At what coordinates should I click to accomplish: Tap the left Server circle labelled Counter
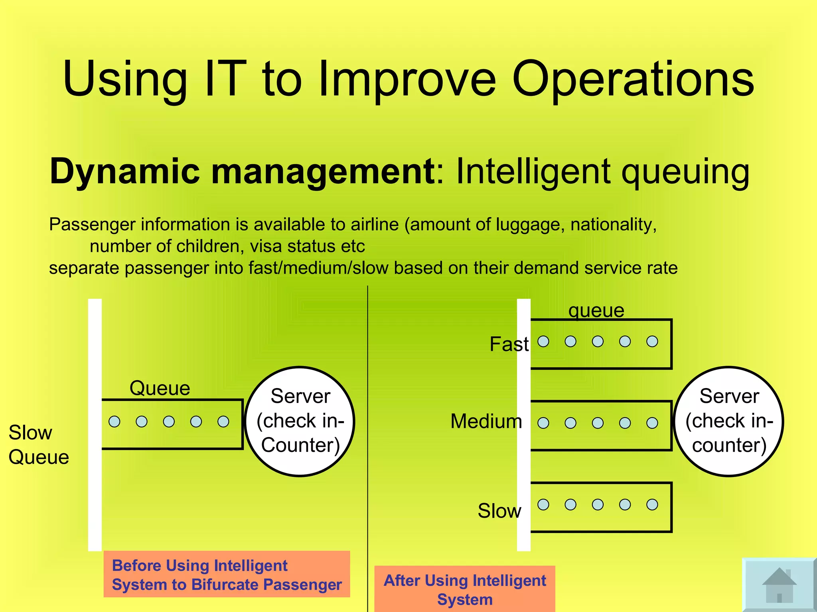(x=300, y=421)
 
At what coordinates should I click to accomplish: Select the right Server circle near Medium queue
(x=729, y=421)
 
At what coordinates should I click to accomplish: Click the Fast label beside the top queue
(x=509, y=344)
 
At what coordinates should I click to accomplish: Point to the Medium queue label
(x=486, y=421)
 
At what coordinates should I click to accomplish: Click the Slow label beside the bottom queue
(x=499, y=511)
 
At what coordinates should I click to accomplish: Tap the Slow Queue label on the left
(x=38, y=445)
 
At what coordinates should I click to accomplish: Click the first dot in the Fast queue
(x=543, y=341)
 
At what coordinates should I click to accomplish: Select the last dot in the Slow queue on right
(x=652, y=505)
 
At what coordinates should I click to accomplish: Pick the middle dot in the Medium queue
(x=598, y=423)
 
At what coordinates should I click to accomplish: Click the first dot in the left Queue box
(x=114, y=422)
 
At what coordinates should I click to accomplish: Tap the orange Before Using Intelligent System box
(x=227, y=574)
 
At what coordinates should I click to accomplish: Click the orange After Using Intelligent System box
(x=465, y=589)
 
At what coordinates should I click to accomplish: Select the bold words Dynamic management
(x=242, y=171)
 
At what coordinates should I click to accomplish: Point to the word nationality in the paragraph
(x=613, y=224)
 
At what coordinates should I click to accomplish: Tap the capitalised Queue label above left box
(x=160, y=388)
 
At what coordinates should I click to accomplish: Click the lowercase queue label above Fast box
(x=596, y=311)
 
